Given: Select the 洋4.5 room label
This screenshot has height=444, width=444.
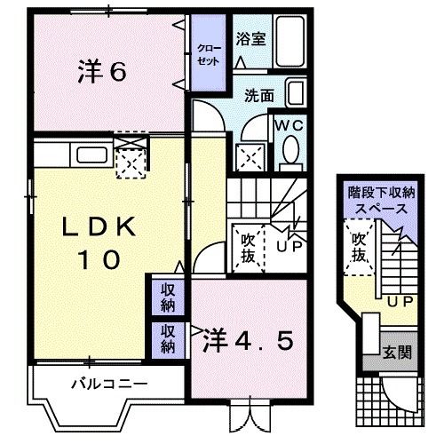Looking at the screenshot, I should tap(248, 339).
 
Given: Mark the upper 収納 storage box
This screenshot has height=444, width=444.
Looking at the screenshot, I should tap(168, 297).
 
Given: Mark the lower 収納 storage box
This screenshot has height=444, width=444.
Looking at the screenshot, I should tap(168, 339).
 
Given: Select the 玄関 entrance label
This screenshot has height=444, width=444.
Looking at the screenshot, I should tap(397, 353).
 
